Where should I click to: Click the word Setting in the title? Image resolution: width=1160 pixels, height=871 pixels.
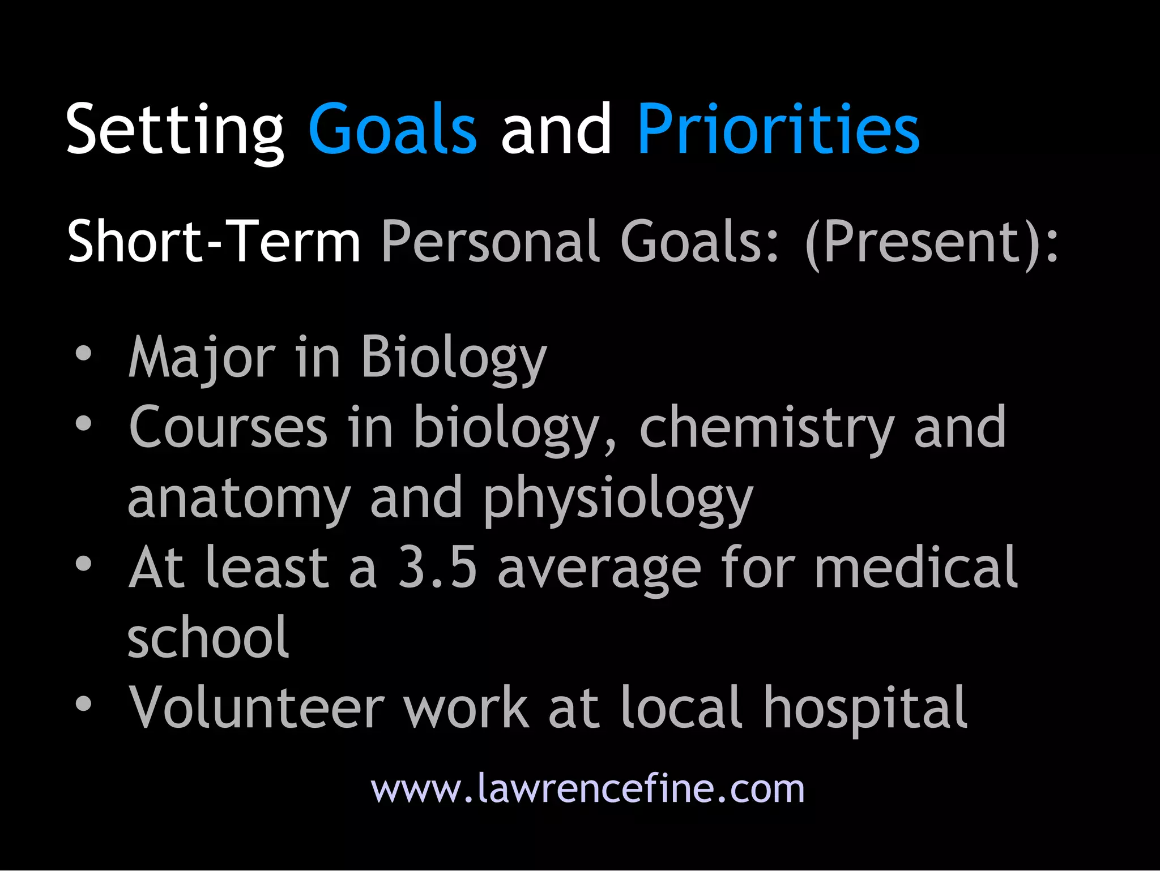174,130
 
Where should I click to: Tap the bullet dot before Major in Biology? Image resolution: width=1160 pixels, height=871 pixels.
84,354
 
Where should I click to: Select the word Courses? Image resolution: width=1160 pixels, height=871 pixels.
228,427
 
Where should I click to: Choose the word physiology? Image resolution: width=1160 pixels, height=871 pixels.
618,500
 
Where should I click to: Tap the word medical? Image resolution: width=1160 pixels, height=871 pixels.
916,568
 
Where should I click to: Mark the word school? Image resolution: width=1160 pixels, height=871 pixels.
208,638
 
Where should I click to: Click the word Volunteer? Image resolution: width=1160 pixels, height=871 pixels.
257,707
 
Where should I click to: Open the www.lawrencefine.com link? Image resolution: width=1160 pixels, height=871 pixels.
587,788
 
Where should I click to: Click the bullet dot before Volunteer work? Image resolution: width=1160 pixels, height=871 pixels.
84,703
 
